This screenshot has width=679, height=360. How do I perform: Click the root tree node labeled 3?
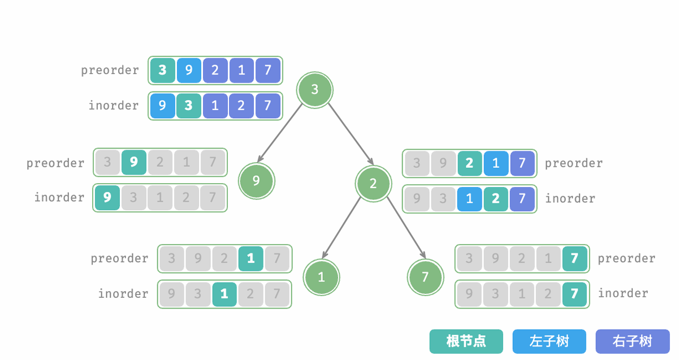coord(315,89)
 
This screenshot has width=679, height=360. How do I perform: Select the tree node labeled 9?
coord(256,181)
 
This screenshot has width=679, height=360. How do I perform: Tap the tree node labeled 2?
coord(373,183)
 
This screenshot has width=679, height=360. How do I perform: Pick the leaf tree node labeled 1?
coord(321,277)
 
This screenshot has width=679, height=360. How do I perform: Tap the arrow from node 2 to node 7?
coord(405,227)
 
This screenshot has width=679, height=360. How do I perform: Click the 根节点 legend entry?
coord(466,341)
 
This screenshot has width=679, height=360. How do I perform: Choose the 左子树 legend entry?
coord(549,341)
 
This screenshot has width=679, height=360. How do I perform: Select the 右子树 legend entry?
coord(632,341)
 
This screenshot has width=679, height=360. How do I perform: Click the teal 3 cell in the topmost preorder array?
coord(163,70)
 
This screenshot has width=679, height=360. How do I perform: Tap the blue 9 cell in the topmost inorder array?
coord(163,106)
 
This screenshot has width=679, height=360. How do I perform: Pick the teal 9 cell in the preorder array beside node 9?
coord(133,162)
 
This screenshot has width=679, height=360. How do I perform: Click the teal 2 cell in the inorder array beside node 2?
coord(496,198)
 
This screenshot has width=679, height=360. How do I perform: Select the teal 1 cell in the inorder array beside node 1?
coord(224,294)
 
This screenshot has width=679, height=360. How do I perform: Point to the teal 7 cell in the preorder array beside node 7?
coord(574,258)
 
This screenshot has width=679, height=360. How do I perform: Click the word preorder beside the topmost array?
coord(110,71)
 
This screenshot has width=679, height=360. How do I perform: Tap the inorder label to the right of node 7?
coord(623,293)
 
